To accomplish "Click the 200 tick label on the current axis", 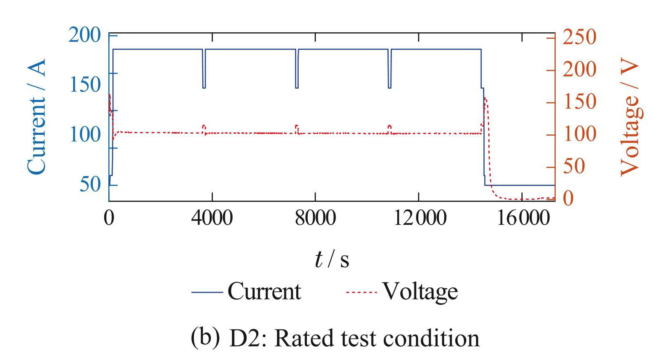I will click(84, 35).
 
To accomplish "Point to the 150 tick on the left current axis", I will click(85, 85).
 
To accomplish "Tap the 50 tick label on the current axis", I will click(90, 184).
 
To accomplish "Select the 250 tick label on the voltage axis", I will click(579, 37).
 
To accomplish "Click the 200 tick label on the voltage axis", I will click(579, 69).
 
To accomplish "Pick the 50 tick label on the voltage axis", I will click(574, 167).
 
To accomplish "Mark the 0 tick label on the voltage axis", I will click(568, 199).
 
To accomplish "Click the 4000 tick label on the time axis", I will click(212, 218).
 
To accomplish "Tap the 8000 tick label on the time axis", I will click(315, 218).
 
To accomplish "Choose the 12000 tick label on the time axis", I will click(419, 218).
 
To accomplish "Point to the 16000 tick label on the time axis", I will click(523, 218).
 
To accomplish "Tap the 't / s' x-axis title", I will click(332, 259).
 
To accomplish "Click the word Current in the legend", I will click(264, 292).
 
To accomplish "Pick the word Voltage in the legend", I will click(420, 292).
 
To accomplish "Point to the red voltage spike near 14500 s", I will click(485, 100).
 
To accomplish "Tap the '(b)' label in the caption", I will click(205, 338).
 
